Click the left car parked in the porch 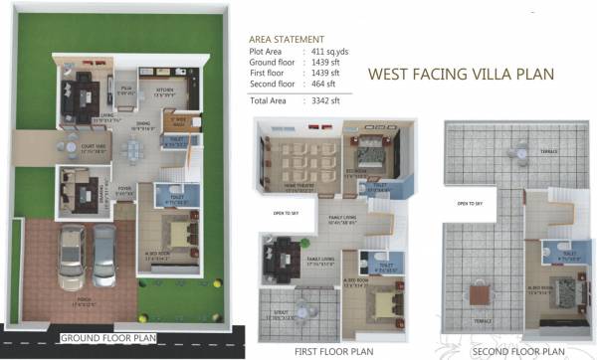click(x=71, y=254)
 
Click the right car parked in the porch click(x=104, y=255)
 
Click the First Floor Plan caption click(x=334, y=351)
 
